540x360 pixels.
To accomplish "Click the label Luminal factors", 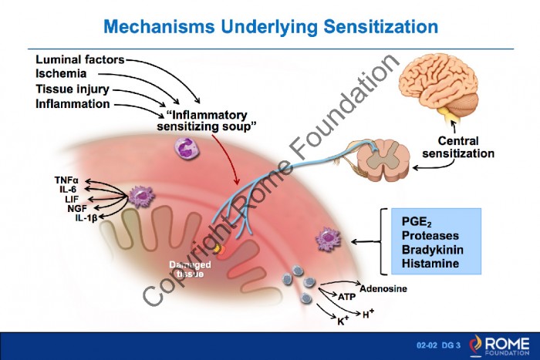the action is pos(80,59).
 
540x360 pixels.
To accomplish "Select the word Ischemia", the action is pos(61,74).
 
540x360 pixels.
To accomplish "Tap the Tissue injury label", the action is pos(73,89).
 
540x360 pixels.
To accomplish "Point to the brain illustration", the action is pos(439,86).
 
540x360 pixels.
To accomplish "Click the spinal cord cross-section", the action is pos(383,160).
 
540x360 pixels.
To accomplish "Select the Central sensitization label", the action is pos(458,147).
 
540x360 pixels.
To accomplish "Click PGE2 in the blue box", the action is pos(417,222).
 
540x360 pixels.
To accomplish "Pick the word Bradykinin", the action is pos(432,250).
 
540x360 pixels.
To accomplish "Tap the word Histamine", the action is pos(430,264).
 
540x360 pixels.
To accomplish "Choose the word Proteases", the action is pos(430,235).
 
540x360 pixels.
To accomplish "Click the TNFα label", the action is pos(66,180).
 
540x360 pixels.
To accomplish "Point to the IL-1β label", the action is pos(86,218).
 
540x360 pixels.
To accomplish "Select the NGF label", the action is pos(77,208).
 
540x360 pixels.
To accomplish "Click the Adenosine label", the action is pos(383,288).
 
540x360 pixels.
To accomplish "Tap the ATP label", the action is pos(347,296).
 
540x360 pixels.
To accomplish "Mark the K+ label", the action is pos(343,321).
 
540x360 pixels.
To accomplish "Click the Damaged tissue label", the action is pos(190,269).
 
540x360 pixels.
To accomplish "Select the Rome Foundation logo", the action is pos(499,345).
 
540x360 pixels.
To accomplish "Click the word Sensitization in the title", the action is pos(380,26).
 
